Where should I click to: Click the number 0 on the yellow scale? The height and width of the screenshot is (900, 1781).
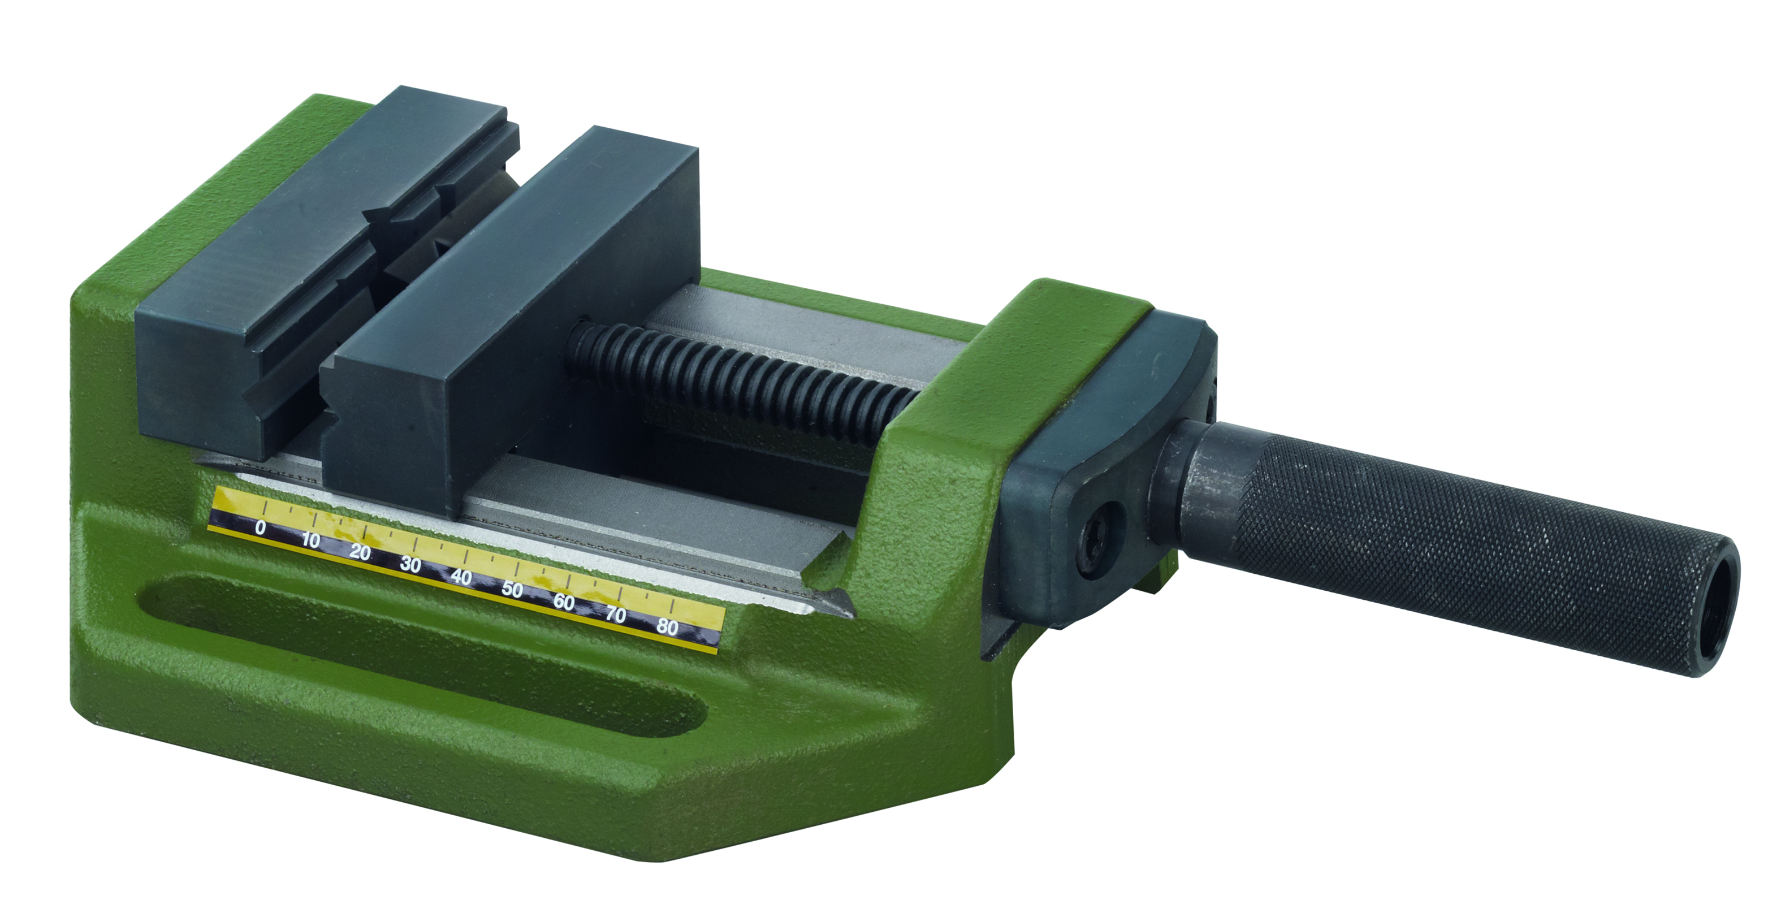click(x=260, y=528)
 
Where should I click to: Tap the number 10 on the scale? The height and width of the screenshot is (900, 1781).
click(x=310, y=540)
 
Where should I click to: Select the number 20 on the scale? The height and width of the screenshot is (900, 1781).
click(x=360, y=552)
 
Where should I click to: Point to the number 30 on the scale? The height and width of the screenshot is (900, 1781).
click(x=410, y=565)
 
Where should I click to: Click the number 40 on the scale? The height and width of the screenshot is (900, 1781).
click(x=461, y=577)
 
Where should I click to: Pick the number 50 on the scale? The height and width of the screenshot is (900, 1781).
click(x=512, y=590)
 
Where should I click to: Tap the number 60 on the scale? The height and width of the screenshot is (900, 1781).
click(x=564, y=602)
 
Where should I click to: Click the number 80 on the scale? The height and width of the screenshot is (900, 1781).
click(x=668, y=627)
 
